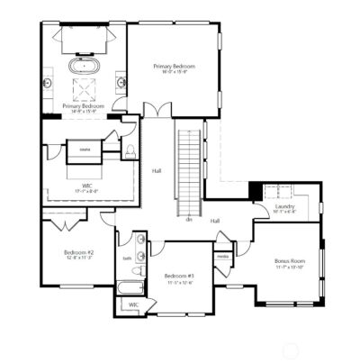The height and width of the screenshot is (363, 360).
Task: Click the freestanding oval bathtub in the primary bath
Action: pyautogui.click(x=84, y=66)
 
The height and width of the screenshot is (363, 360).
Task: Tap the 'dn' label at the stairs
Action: pyautogui.click(x=189, y=219)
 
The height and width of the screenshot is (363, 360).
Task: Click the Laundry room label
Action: pyautogui.click(x=285, y=207)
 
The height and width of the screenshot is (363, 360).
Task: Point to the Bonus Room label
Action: pyautogui.click(x=290, y=262)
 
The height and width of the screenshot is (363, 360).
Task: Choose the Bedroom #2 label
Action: pyautogui.click(x=78, y=251)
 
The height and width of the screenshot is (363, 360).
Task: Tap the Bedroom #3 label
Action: pyautogui.click(x=178, y=276)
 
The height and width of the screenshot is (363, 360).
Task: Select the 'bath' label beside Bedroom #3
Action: pyautogui.click(x=127, y=258)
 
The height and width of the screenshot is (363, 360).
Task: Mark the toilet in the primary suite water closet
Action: pyautogui.click(x=131, y=150)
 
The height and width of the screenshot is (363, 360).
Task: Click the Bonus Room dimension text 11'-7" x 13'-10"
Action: pyautogui.click(x=290, y=268)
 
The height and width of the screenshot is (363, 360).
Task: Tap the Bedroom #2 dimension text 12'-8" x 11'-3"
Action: pyautogui.click(x=78, y=258)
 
